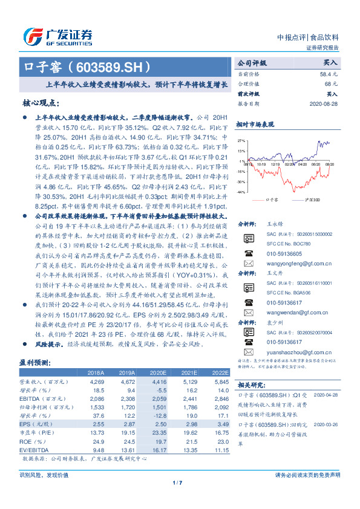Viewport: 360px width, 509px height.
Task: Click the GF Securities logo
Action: click(x=57, y=36)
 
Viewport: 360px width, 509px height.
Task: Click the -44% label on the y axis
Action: click(x=241, y=192)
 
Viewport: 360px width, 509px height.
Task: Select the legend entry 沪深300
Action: click(x=312, y=199)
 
